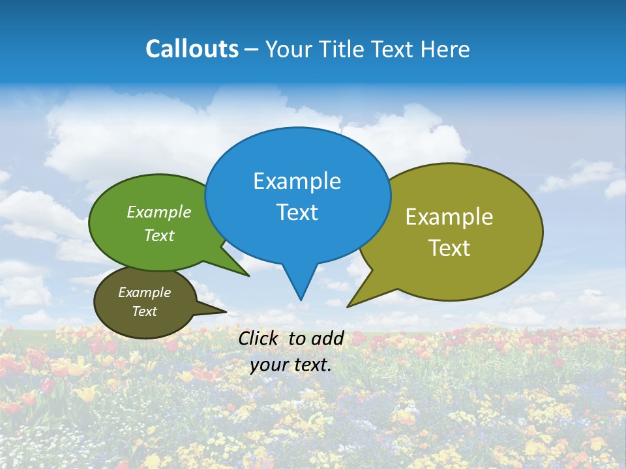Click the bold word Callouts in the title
pos(192,49)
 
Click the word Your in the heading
pos(289,49)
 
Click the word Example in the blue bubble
pos(297,181)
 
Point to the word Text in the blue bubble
pos(297,212)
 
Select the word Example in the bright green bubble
pos(159,212)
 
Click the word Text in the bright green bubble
pos(159,235)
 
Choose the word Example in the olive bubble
pos(449,217)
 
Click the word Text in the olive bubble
pos(449,248)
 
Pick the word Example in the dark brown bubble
pos(144,292)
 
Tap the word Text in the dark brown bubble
pos(144,311)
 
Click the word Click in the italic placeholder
pos(260,338)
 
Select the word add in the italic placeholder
pos(327,338)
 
